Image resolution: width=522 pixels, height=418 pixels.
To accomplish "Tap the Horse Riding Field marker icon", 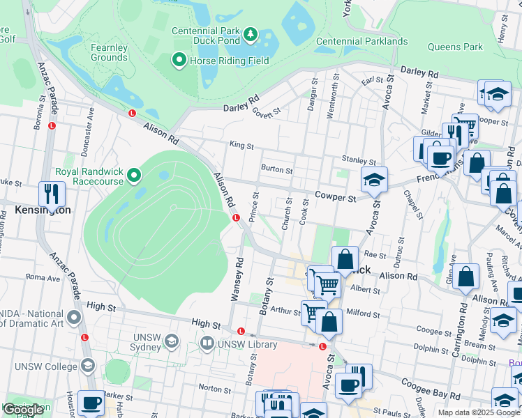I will point(179,61).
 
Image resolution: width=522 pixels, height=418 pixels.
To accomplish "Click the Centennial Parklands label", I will point(361,41).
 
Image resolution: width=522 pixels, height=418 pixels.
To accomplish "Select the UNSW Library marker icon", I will point(207,343).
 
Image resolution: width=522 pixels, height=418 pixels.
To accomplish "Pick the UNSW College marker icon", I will point(88,366).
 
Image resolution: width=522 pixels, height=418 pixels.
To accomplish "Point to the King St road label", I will point(241,145).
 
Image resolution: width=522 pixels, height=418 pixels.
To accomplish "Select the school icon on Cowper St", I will point(374,180).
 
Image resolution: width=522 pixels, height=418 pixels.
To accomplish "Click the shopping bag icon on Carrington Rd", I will point(465,277).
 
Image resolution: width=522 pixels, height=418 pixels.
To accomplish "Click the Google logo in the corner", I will point(23,410).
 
